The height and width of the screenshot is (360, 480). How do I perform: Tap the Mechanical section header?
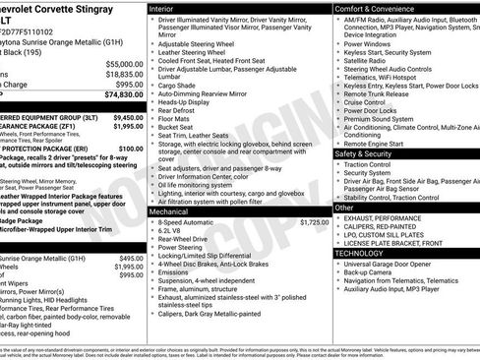click(169, 211)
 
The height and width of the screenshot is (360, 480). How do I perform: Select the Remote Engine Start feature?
click(377, 144)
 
